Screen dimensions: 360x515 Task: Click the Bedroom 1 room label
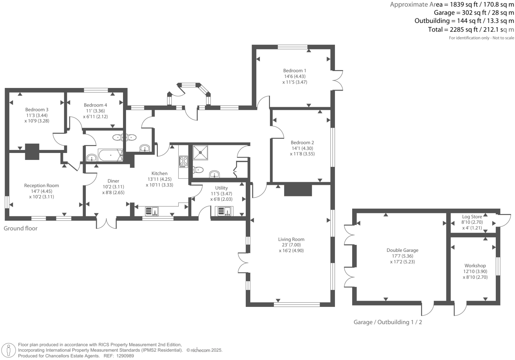click(294, 71)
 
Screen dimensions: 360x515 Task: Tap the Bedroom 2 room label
click(302, 143)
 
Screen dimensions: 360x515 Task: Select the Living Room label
click(291, 239)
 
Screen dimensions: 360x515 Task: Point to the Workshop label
click(475, 266)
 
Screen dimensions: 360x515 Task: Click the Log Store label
click(472, 217)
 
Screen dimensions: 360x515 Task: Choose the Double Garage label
click(402, 251)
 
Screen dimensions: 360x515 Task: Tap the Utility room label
click(221, 188)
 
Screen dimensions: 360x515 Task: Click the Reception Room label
click(41, 186)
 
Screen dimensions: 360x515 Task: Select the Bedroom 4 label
click(95, 105)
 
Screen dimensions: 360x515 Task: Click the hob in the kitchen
click(183, 161)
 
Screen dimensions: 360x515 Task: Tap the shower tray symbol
click(200, 153)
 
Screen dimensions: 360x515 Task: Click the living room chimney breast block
click(298, 190)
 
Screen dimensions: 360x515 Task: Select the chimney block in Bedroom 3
click(32, 151)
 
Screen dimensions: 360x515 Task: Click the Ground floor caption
click(21, 228)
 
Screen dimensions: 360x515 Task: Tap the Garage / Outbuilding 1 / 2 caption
click(388, 322)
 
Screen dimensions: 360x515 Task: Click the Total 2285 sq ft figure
click(471, 30)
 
